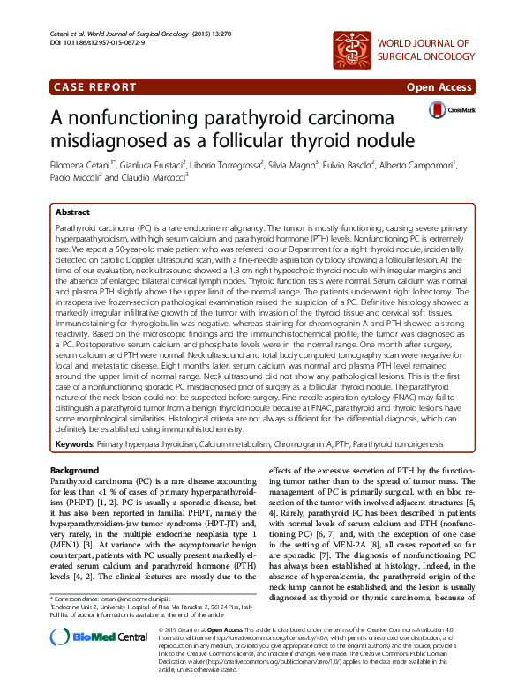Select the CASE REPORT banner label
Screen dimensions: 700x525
click(x=92, y=87)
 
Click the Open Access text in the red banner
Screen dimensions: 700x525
click(x=439, y=87)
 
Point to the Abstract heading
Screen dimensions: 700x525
click(x=72, y=212)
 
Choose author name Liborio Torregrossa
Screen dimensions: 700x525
click(x=230, y=164)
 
